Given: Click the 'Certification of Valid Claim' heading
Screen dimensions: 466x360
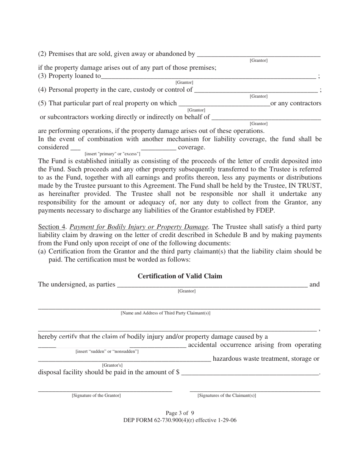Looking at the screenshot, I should point(180,276).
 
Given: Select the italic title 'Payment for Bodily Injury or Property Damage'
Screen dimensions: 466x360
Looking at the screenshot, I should point(139,227).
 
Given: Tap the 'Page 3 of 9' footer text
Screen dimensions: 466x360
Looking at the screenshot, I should point(180,413).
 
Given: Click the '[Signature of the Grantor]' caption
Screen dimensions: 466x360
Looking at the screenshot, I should point(96,396).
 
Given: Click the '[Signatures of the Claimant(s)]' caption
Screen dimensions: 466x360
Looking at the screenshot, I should point(227,396).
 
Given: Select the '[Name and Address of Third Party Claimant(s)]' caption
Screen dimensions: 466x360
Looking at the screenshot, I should point(166,313).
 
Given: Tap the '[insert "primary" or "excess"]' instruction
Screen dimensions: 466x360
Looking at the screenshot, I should point(112,153).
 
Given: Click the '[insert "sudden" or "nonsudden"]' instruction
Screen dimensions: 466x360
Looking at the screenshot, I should point(107,352).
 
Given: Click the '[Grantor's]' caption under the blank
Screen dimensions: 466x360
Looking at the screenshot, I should point(112,365).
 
